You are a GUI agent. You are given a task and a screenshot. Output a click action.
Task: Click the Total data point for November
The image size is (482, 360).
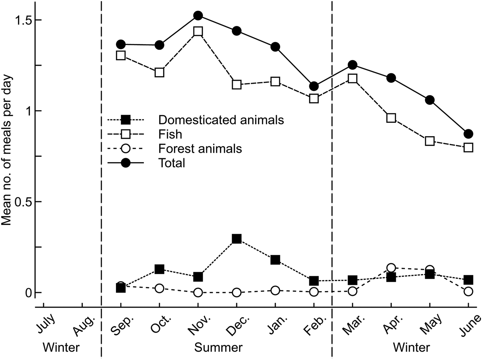(x=198, y=16)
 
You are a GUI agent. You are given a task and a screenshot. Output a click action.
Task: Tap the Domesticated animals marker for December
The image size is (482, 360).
(x=237, y=239)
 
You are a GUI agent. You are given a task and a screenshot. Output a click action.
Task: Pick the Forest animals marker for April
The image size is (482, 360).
(x=391, y=268)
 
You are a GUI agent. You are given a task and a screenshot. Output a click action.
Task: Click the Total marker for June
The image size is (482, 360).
(x=468, y=134)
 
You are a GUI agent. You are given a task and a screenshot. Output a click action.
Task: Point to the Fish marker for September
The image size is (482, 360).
(x=121, y=55)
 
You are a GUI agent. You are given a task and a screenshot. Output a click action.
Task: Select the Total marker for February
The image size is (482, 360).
(x=314, y=86)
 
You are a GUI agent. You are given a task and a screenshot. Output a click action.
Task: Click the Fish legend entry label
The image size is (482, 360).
(x=170, y=134)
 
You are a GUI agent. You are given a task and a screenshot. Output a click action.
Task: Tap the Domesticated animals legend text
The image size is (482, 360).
(x=221, y=120)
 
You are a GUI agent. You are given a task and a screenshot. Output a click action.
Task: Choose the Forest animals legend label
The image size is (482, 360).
(x=200, y=148)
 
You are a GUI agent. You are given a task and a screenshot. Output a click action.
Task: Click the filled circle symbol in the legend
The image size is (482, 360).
(x=126, y=163)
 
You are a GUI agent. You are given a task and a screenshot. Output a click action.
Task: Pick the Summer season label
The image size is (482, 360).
(x=218, y=347)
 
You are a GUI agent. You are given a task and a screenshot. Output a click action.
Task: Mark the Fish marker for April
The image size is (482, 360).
(x=391, y=118)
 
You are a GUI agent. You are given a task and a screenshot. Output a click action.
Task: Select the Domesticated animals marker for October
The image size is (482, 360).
(x=159, y=269)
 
